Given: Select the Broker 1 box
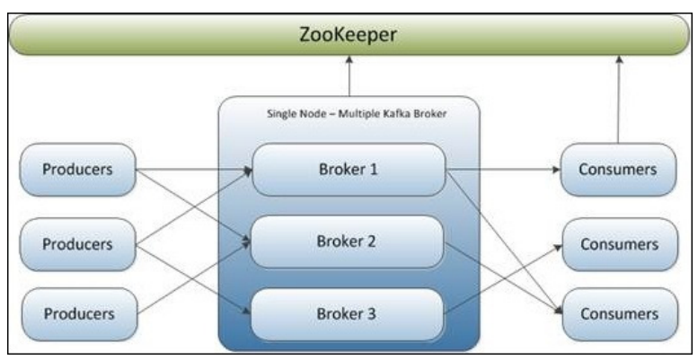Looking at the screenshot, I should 349,169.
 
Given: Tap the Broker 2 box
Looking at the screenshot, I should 349,241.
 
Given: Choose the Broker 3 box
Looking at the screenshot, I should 349,314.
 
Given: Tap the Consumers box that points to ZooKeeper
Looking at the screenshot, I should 618,169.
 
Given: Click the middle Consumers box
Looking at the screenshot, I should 618,243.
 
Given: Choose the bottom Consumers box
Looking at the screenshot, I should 618,314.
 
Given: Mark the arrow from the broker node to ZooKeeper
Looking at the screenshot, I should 348,75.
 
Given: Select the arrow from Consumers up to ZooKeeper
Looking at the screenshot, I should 618,99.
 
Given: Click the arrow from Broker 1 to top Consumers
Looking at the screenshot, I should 503,169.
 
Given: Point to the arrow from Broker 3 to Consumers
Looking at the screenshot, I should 503,279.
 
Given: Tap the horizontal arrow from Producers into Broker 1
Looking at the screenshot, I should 193,169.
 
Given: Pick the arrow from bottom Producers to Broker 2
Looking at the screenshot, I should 193,278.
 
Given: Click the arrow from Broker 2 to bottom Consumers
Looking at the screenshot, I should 503,277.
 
